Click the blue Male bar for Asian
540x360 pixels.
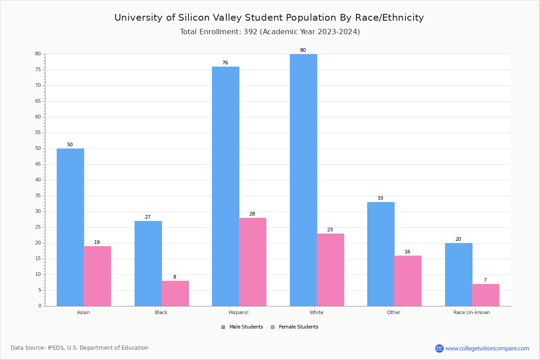pyautogui.click(x=70, y=227)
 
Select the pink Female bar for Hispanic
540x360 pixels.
pyautogui.click(x=252, y=262)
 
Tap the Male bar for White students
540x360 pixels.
pyautogui.click(x=303, y=180)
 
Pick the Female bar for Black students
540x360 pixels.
pyautogui.click(x=175, y=293)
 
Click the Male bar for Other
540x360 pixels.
pyautogui.click(x=381, y=254)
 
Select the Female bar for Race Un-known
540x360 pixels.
pyautogui.click(x=486, y=295)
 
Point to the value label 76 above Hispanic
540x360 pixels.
pyautogui.click(x=225, y=63)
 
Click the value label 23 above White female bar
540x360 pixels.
pyautogui.click(x=330, y=230)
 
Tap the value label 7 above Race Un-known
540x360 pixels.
pyautogui.click(x=485, y=280)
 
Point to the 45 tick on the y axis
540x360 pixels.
pyautogui.click(x=38, y=164)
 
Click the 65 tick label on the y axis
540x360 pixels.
pyautogui.click(x=38, y=101)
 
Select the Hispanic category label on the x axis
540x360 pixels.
pyautogui.click(x=238, y=312)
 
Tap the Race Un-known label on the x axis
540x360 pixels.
pyautogui.click(x=472, y=312)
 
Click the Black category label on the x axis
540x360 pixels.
pyautogui.click(x=161, y=312)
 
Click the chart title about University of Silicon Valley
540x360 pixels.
pyautogui.click(x=269, y=18)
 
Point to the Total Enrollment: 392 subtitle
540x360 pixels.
pyautogui.click(x=270, y=32)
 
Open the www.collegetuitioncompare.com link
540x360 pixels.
pyautogui.click(x=487, y=348)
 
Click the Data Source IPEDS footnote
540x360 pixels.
pyautogui.click(x=80, y=348)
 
